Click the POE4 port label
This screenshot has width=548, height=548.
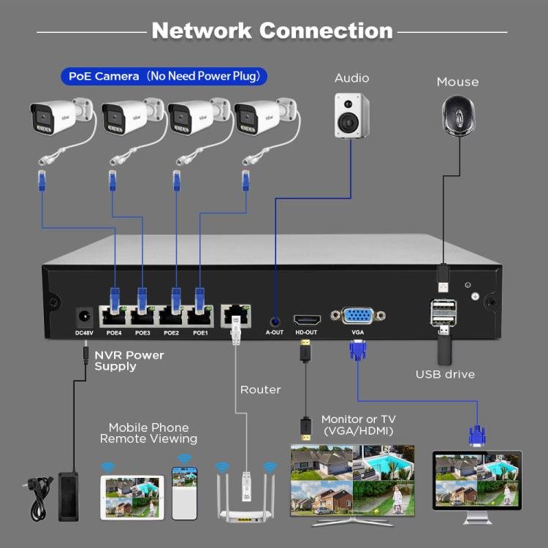(x=113, y=332)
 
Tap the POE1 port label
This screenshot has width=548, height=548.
(x=199, y=332)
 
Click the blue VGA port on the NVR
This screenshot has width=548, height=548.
(x=357, y=316)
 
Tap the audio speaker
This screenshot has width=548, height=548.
(x=351, y=115)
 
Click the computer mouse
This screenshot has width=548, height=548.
(x=458, y=116)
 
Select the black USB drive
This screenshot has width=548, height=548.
(x=446, y=349)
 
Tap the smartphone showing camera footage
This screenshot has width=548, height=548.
(x=185, y=492)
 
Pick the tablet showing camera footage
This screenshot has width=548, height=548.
(x=133, y=497)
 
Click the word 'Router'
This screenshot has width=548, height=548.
(x=260, y=389)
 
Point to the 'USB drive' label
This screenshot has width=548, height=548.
(x=445, y=374)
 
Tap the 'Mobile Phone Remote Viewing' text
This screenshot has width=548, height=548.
(x=148, y=433)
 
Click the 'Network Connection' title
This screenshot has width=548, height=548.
(x=272, y=31)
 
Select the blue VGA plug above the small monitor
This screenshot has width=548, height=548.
(x=476, y=435)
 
